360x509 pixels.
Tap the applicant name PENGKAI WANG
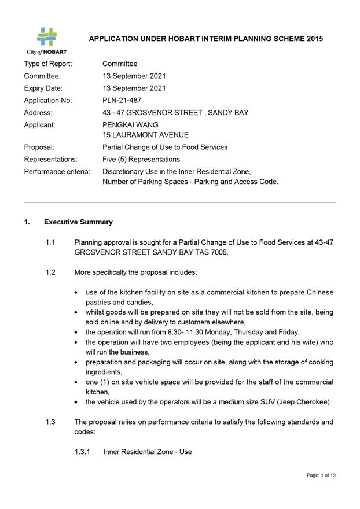coord(130,124)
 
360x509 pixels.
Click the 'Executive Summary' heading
coord(78,222)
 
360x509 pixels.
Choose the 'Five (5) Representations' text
coord(141,159)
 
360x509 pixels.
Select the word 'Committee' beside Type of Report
coord(120,64)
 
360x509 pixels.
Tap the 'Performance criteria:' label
coord(57,171)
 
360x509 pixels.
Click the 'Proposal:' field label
coord(39,147)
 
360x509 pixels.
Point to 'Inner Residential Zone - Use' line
coord(148,452)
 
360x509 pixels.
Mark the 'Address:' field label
coord(38,112)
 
